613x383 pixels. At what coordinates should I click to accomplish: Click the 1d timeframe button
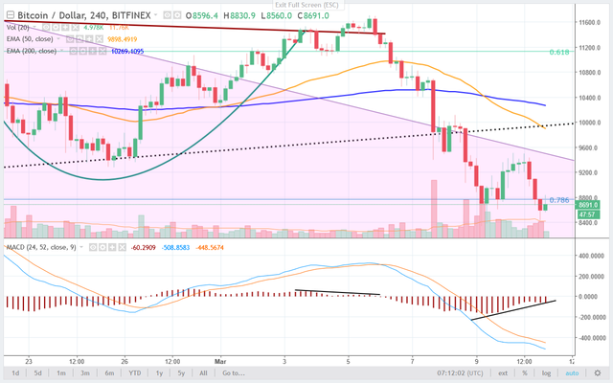coord(15,372)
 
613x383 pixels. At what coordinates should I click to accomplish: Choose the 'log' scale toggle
coord(545,372)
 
